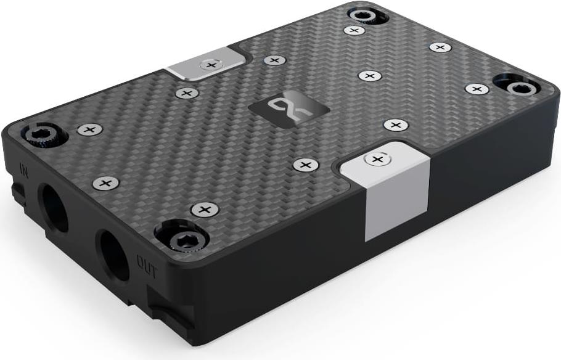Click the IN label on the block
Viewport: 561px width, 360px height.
point(24,171)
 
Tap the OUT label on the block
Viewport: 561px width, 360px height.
point(147,266)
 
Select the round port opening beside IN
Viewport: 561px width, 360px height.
point(53,207)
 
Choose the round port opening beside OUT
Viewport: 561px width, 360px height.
point(114,255)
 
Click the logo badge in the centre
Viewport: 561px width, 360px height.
point(289,108)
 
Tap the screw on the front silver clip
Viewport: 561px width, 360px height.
point(377,159)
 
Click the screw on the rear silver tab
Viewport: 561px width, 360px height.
point(211,65)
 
